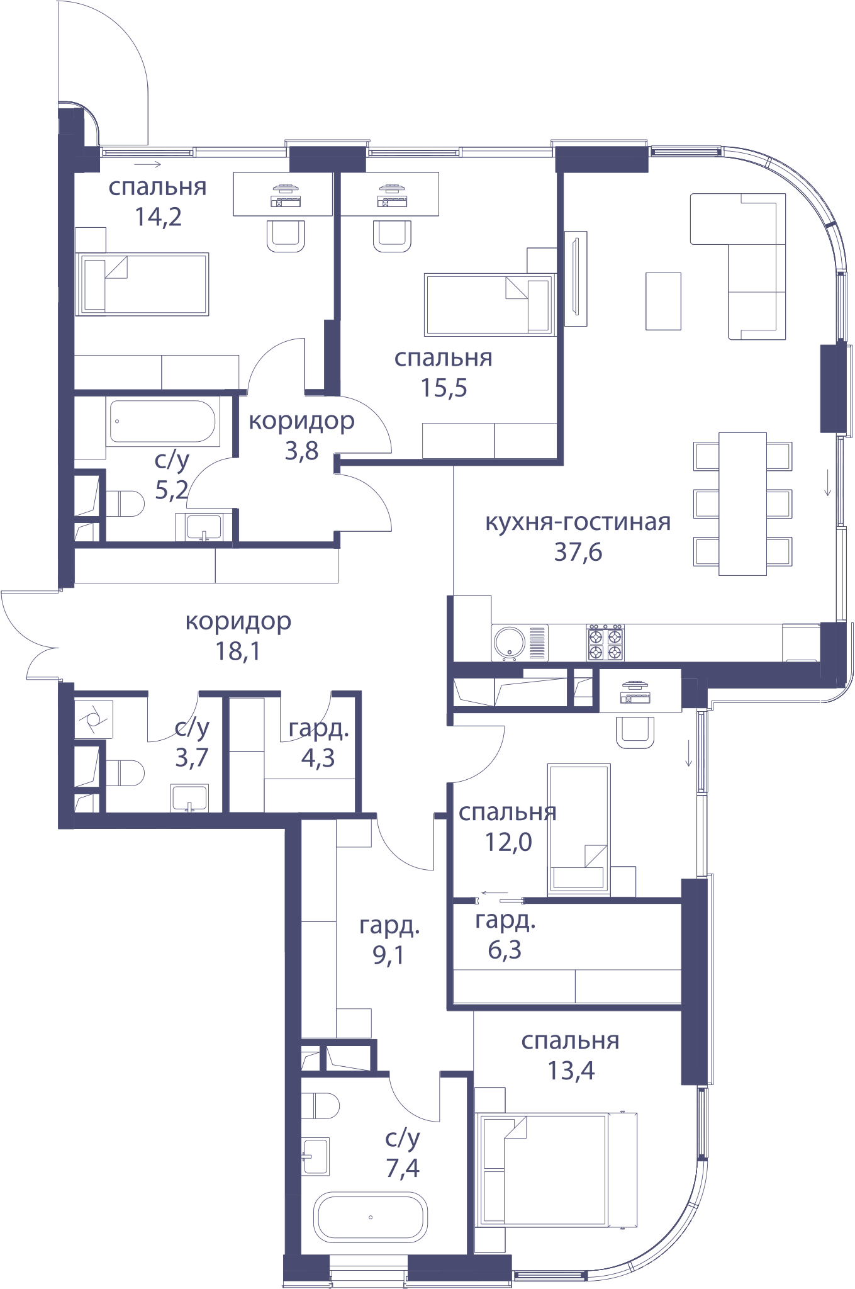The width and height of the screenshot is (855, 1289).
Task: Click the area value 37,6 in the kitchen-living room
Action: (x=578, y=552)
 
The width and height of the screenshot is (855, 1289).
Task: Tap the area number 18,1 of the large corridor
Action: (x=238, y=651)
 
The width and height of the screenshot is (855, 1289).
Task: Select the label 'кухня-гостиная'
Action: (x=578, y=522)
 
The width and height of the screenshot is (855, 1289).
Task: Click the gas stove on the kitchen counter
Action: (x=605, y=643)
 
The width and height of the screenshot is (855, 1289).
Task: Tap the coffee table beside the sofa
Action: (x=663, y=301)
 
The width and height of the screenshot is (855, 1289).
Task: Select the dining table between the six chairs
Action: (x=742, y=504)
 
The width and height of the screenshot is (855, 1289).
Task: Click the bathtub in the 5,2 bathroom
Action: (x=163, y=421)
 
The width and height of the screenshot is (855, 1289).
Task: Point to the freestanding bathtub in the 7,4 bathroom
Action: (x=371, y=1217)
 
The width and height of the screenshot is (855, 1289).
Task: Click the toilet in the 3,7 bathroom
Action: (x=125, y=773)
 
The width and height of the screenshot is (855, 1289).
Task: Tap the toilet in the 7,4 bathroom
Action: (x=320, y=1106)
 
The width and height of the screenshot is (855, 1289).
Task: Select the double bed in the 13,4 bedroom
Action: (x=556, y=1169)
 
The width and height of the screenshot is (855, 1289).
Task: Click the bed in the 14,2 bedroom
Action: (x=142, y=284)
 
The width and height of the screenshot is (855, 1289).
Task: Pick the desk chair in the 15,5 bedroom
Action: (x=392, y=235)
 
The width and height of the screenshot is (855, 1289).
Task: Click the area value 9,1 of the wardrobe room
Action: (x=388, y=955)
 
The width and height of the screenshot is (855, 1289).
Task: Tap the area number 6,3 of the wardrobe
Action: (x=505, y=950)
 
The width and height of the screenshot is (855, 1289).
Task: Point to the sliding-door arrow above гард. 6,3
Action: (x=495, y=892)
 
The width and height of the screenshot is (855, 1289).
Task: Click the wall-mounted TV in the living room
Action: (x=576, y=279)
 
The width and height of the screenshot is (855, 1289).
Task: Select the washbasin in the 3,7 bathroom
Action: (x=189, y=798)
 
